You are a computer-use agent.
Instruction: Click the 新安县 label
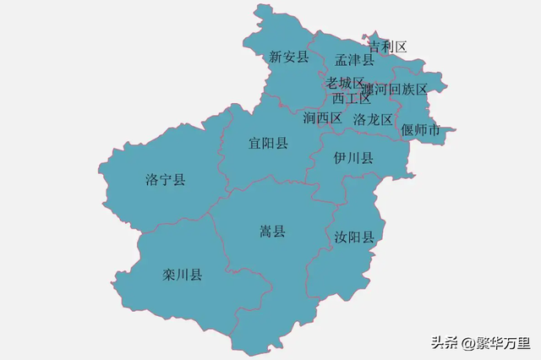[x=289, y=57]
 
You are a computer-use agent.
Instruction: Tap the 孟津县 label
[x=354, y=60]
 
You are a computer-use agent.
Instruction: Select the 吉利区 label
[x=388, y=46]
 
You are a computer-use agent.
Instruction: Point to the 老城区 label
[x=345, y=83]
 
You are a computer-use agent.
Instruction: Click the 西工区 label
[x=352, y=98]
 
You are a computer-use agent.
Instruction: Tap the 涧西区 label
[x=322, y=117]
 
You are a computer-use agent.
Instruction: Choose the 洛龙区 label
[x=374, y=119]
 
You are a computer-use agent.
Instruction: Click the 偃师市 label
[x=421, y=130]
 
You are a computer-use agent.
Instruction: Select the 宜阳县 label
[x=268, y=143]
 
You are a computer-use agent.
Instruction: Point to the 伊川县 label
[x=353, y=158]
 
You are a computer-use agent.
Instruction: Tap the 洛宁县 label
[x=165, y=179]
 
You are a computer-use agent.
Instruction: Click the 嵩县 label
[x=272, y=231]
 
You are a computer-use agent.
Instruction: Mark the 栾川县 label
[x=182, y=275]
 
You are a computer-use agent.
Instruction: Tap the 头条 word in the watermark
[x=445, y=343]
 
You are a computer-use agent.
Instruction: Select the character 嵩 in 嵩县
[x=265, y=231]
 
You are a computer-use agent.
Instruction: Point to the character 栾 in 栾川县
[x=168, y=275]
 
